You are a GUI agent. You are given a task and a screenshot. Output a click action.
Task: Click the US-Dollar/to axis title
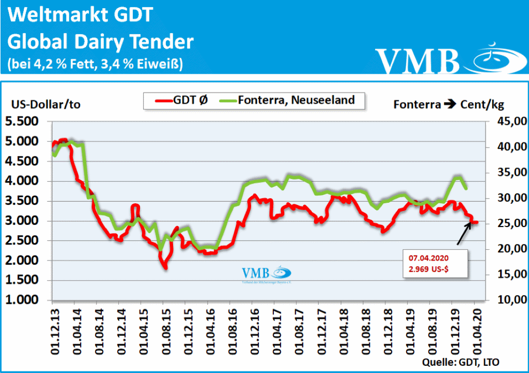point(46,104)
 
